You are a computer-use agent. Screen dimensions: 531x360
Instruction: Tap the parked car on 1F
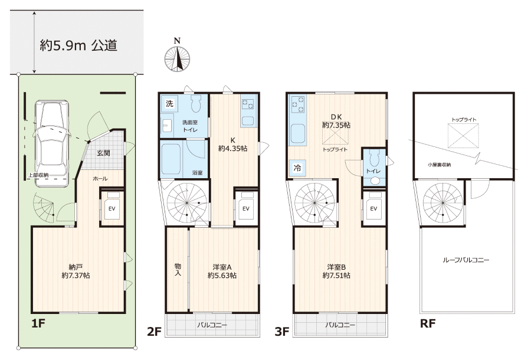[x=51, y=143]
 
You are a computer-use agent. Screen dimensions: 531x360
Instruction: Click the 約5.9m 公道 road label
[x=78, y=45]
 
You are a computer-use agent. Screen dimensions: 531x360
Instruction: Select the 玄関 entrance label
[x=103, y=153]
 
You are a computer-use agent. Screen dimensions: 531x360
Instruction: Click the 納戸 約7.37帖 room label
[x=76, y=271]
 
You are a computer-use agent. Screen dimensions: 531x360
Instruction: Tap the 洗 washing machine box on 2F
[x=169, y=104]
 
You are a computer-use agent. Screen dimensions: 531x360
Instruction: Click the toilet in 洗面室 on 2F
[x=196, y=103]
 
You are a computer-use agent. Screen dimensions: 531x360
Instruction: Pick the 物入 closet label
[x=178, y=270]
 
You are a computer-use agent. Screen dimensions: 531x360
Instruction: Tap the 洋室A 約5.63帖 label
[x=222, y=271]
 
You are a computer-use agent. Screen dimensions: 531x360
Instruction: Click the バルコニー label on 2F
[x=212, y=325]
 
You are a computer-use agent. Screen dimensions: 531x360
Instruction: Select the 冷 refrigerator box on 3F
[x=297, y=168]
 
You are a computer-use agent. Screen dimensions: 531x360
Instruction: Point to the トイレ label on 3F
[x=373, y=171]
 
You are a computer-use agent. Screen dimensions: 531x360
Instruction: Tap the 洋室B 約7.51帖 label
[x=336, y=271]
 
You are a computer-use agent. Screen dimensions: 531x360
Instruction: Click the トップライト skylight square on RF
[x=463, y=136]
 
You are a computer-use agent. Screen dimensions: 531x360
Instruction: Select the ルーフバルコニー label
[x=466, y=260]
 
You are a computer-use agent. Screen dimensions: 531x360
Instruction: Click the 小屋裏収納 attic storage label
[x=439, y=165]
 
